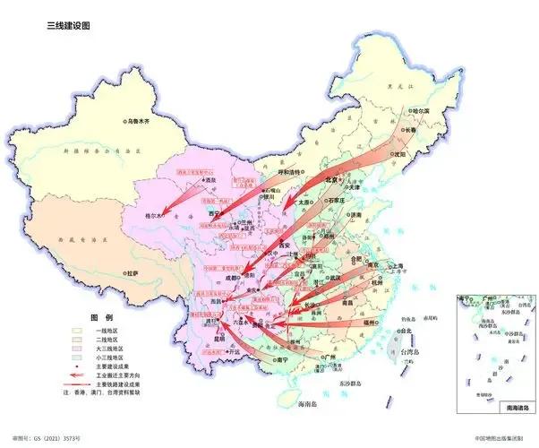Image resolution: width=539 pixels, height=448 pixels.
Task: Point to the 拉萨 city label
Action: click(134, 271)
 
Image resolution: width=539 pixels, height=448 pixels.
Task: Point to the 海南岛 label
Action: click(307, 405)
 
